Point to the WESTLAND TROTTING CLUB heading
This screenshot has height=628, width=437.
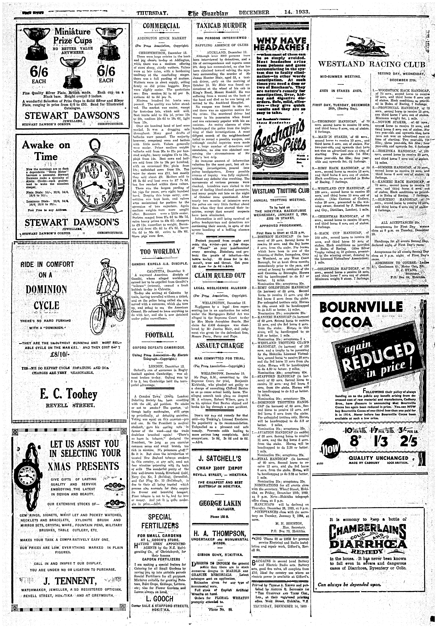281,191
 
